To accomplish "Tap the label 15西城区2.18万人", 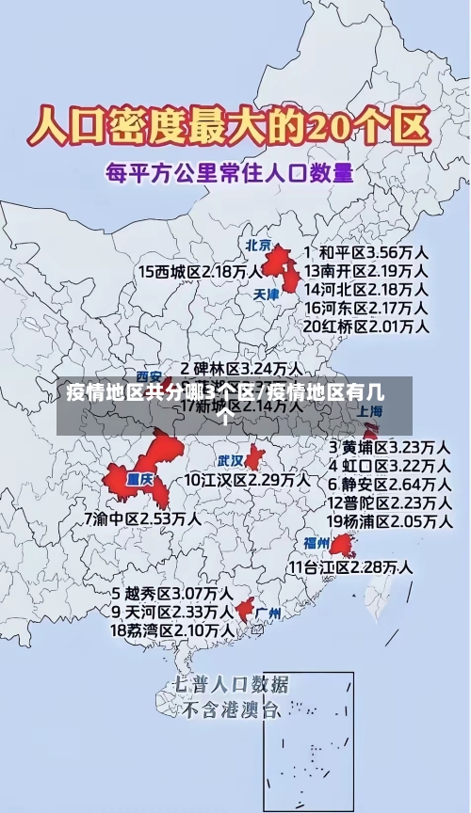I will tap(201, 271).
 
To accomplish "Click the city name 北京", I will tap(258, 245).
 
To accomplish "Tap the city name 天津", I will tap(267, 295).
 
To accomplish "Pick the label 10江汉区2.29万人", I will tap(247, 479).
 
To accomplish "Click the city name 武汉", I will tap(230, 461).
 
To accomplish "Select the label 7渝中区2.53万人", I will tap(142, 518).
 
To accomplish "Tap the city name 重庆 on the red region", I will tap(139, 478).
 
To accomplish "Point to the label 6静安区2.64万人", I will tap(388, 484).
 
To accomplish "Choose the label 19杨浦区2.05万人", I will tap(388, 521).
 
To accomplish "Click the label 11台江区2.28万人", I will tap(350, 566).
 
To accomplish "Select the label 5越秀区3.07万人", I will tap(172, 594).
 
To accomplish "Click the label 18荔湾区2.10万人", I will tap(172, 630).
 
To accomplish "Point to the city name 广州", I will tap(268, 614).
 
